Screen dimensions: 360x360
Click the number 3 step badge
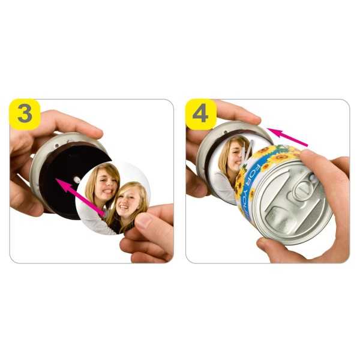25,114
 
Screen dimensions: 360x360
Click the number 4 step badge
201,114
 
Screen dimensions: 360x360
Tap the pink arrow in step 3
80,197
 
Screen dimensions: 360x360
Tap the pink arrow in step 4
287,137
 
